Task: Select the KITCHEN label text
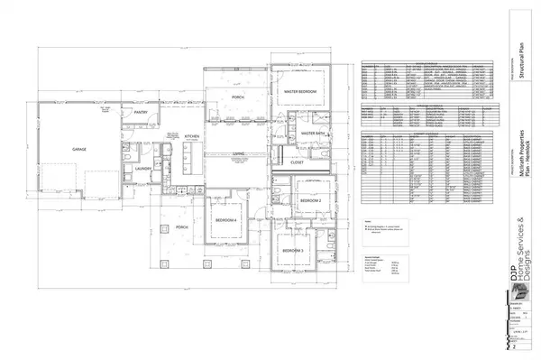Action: click(x=192, y=136)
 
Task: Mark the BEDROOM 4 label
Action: click(x=225, y=220)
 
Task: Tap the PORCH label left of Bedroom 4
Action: click(x=180, y=226)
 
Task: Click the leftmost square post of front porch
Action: click(x=165, y=264)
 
